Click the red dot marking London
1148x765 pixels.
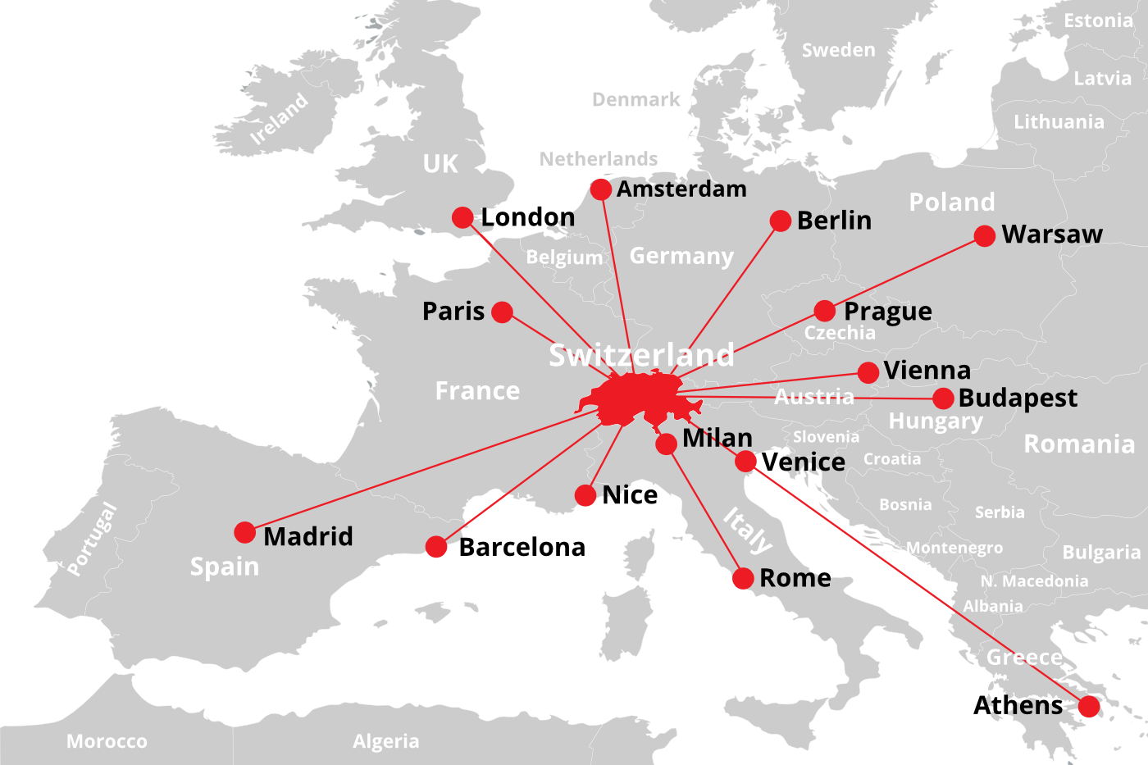coord(462,217)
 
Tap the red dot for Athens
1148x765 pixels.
coord(1089,706)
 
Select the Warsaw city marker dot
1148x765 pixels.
coord(985,236)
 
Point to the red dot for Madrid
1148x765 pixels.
coord(244,532)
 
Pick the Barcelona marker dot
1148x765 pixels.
coord(436,546)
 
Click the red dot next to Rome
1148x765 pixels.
coord(743,578)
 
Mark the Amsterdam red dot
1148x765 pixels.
coord(601,189)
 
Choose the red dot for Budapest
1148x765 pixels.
coord(943,398)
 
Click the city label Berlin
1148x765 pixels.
coord(834,221)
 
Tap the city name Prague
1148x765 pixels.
coord(887,312)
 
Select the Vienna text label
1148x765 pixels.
coord(927,371)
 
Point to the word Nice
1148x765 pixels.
coord(629,495)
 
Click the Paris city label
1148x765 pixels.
coord(453,312)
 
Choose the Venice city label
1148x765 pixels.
coord(803,462)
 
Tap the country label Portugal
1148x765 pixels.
coord(92,538)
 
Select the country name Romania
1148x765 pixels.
coord(1079,444)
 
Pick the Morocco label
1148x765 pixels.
coord(107,741)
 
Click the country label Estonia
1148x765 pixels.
coord(1098,20)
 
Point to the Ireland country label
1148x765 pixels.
coord(280,119)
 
